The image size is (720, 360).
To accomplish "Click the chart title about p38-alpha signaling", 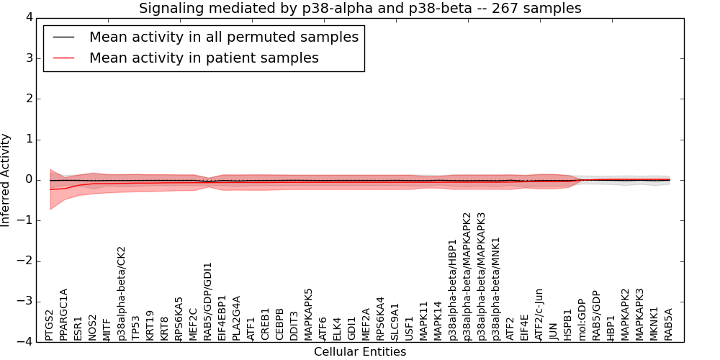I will [x=360, y=8].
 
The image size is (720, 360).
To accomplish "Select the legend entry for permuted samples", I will [x=223, y=37].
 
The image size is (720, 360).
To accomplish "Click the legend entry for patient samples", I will [x=204, y=58].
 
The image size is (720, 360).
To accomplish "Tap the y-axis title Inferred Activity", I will [x=6, y=179].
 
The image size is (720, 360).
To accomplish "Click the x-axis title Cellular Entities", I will [x=360, y=351].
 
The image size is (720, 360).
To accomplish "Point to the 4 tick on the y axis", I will [x=28, y=17].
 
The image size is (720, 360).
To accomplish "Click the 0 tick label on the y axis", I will [x=28, y=179].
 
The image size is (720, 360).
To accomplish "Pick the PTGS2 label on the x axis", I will [x=49, y=325].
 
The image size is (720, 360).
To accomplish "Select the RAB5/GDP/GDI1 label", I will [x=207, y=302].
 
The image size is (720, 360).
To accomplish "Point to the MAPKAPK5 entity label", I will [x=308, y=314].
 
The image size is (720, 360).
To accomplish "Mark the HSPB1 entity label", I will [x=567, y=325].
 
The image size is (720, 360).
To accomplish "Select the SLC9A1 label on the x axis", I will [x=395, y=321].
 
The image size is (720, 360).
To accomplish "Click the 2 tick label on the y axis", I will [x=28, y=99].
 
